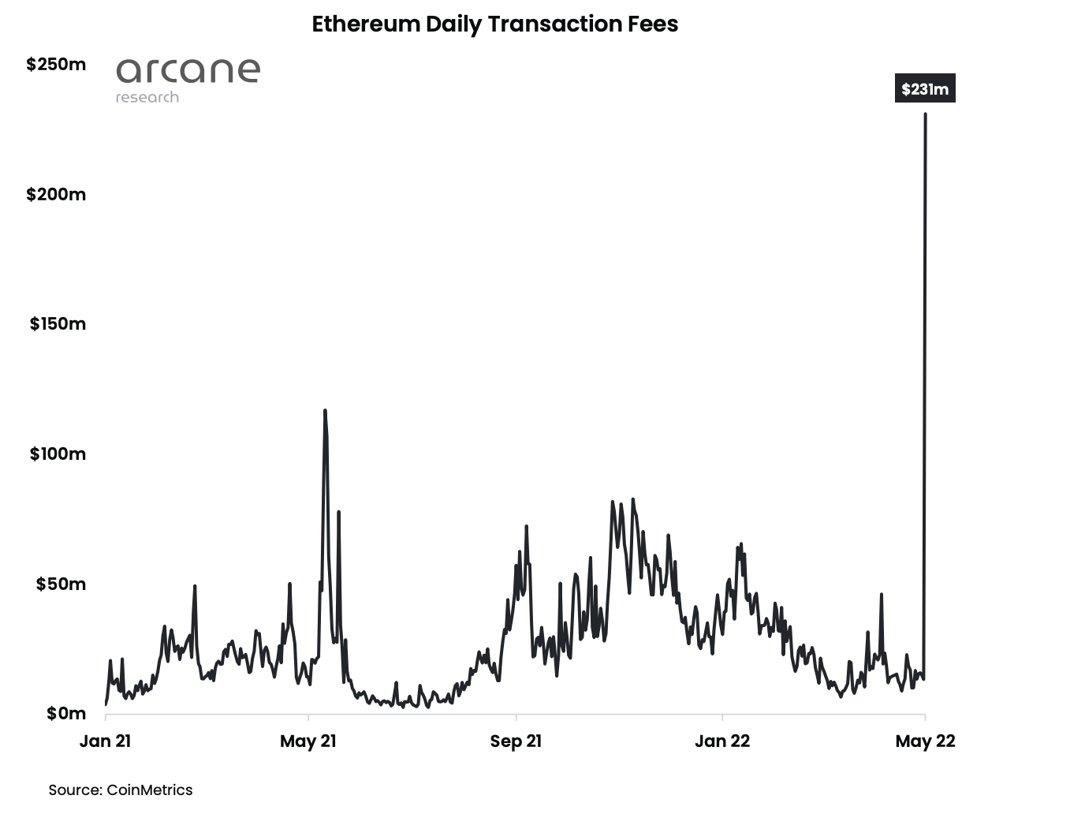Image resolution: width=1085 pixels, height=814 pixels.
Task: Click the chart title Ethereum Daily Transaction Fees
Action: point(494,24)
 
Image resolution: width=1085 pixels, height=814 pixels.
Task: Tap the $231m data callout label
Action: point(924,89)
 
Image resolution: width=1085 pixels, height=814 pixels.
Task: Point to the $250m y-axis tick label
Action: point(56,65)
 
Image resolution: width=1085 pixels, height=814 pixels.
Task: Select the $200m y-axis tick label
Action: point(56,195)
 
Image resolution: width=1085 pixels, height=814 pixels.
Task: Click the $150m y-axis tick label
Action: point(58,324)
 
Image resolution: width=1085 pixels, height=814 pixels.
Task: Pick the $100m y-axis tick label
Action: point(58,454)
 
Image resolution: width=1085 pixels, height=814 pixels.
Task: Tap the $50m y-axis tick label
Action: point(61,584)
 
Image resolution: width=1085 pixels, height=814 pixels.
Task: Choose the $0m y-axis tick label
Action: point(65,714)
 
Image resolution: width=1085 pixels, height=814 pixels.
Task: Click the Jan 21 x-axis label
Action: point(105,741)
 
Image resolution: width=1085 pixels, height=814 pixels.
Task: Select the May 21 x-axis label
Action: point(308,741)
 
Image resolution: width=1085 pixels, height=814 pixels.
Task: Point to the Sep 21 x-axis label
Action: point(516,741)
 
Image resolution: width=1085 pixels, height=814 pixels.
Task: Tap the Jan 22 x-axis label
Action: point(722,741)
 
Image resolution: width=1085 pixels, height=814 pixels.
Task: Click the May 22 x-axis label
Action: point(925,741)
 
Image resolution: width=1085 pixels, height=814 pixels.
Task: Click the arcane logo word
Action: point(188,71)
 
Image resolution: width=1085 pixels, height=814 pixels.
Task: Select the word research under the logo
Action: point(147,98)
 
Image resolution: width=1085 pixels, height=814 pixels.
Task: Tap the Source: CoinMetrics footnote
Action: point(121,790)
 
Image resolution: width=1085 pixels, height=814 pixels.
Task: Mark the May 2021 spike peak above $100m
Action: point(325,411)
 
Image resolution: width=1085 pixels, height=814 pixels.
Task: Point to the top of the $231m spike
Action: point(925,114)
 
